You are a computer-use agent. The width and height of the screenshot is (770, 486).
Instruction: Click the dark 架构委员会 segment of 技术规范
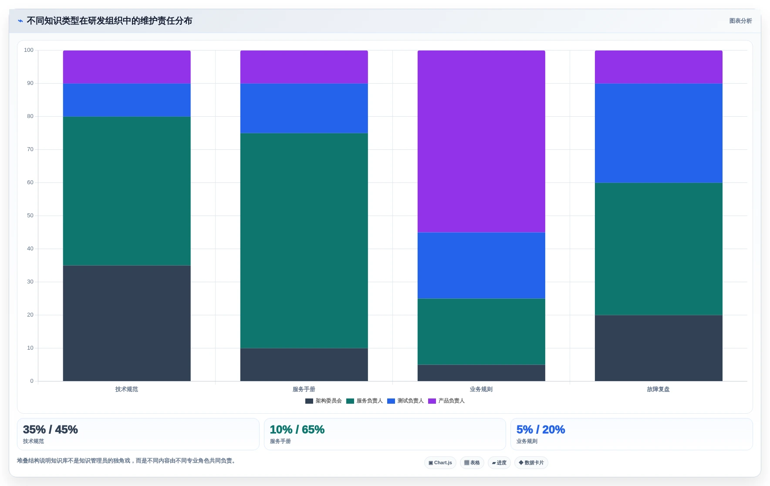tap(127, 323)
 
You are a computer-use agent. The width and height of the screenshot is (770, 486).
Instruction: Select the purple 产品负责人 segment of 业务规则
tap(481, 141)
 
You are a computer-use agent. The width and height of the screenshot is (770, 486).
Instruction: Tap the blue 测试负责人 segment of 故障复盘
tap(659, 133)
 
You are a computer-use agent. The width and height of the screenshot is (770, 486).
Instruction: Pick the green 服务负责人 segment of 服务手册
tap(304, 240)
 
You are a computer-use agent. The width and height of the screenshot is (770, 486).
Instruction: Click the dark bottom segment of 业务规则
tap(481, 373)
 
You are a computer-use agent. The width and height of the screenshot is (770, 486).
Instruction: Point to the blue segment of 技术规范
tap(127, 100)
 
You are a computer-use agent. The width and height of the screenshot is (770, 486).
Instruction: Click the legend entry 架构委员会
tap(324, 401)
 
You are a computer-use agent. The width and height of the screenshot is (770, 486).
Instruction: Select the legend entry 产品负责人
tap(446, 401)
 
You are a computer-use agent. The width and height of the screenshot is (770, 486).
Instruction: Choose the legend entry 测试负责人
tap(405, 401)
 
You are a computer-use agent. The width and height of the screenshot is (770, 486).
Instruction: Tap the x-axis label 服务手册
tap(304, 389)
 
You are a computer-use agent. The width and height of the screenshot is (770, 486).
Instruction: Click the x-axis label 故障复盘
tap(659, 389)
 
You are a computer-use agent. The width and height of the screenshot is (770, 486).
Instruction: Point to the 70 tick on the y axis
tap(30, 149)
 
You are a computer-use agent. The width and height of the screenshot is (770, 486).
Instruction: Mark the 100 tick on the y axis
tap(29, 50)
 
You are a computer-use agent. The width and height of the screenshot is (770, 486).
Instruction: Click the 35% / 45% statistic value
tap(51, 429)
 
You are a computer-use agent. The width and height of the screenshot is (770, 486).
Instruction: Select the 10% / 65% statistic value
tap(297, 429)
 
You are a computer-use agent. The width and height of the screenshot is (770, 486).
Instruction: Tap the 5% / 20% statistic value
tap(540, 429)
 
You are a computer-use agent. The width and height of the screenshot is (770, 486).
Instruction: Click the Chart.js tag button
tap(440, 462)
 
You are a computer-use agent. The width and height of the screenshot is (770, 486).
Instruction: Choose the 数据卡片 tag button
tap(531, 462)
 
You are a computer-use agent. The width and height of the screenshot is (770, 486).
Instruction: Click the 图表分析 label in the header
tap(741, 21)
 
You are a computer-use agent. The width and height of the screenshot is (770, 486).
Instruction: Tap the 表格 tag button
tap(472, 462)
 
